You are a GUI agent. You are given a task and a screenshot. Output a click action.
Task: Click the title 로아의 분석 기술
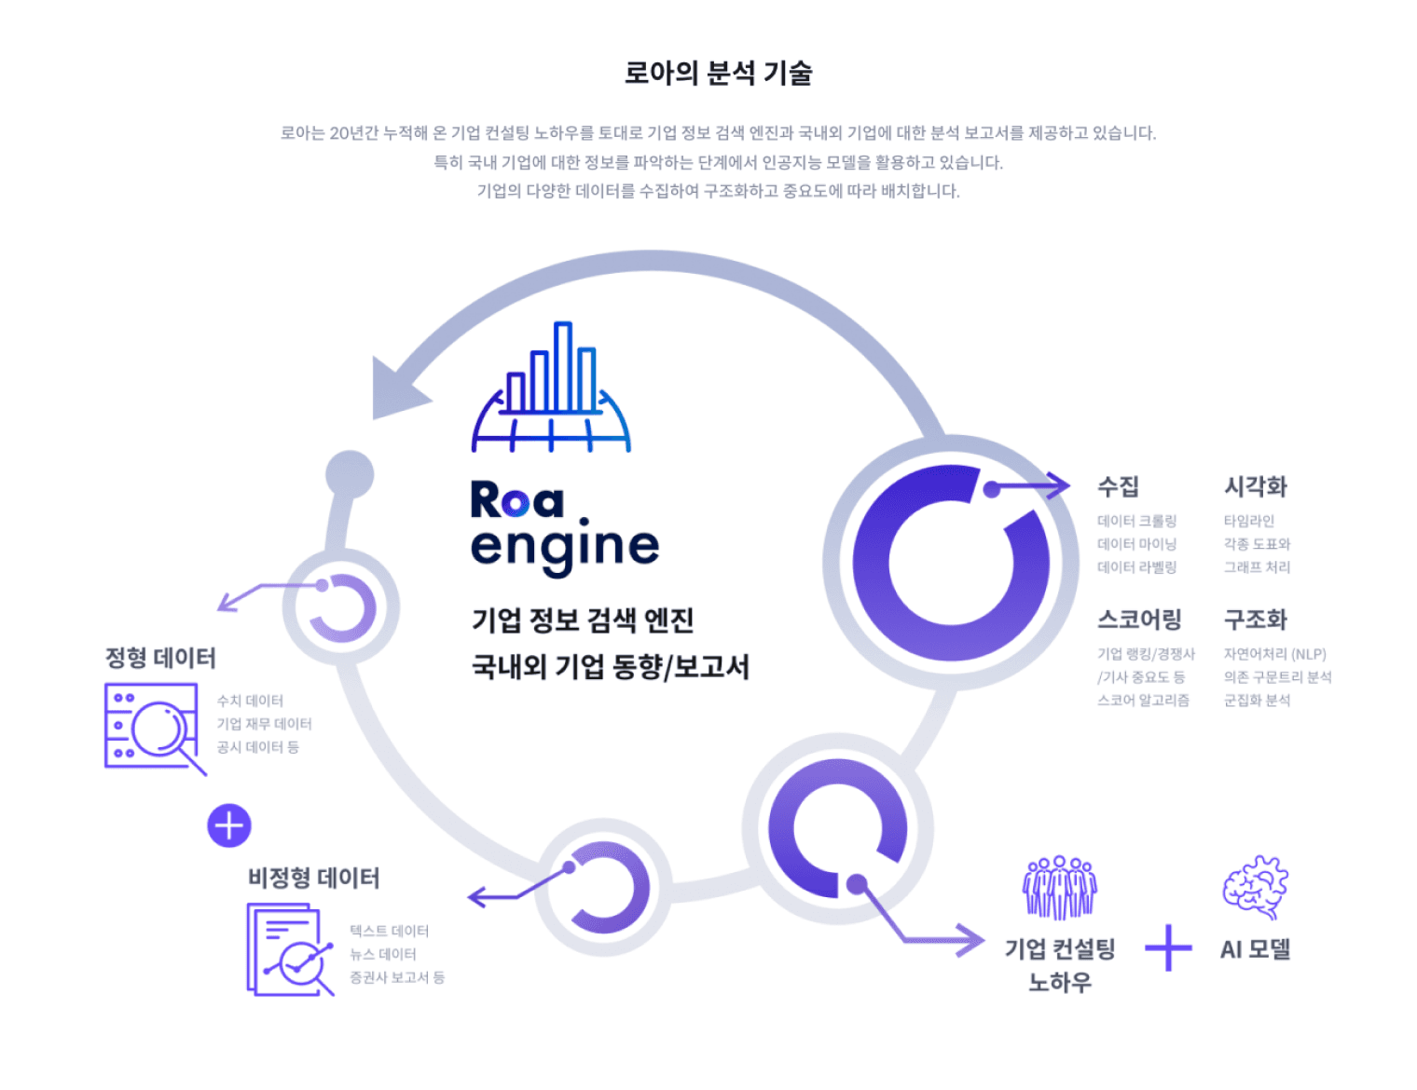coord(718,73)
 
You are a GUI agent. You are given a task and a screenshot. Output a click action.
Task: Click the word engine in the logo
coord(565,547)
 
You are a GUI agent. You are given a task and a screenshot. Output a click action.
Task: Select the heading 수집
coord(1118,486)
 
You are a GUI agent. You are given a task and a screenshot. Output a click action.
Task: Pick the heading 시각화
coord(1255,486)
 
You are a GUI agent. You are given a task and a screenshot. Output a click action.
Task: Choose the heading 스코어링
coord(1139,620)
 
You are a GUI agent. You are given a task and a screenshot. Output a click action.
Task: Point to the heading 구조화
coord(1255,620)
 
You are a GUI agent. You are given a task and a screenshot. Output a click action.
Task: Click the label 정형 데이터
coord(160,658)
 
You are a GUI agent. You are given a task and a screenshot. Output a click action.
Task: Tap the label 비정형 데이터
coord(313,878)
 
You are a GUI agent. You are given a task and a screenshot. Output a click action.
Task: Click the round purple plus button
coord(229,825)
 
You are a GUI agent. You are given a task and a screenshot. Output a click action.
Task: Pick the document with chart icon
coord(290,949)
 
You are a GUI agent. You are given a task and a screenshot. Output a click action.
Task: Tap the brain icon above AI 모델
coord(1255,886)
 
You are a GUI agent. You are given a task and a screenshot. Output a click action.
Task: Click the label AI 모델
coord(1255,949)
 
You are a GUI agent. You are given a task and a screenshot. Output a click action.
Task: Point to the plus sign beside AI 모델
coord(1168,948)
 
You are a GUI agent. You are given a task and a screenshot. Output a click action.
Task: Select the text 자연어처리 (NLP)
coord(1274,654)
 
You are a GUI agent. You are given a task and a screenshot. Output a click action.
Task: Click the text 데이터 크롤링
coord(1136,521)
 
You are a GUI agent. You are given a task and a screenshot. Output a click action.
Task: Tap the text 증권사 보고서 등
coord(397,977)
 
